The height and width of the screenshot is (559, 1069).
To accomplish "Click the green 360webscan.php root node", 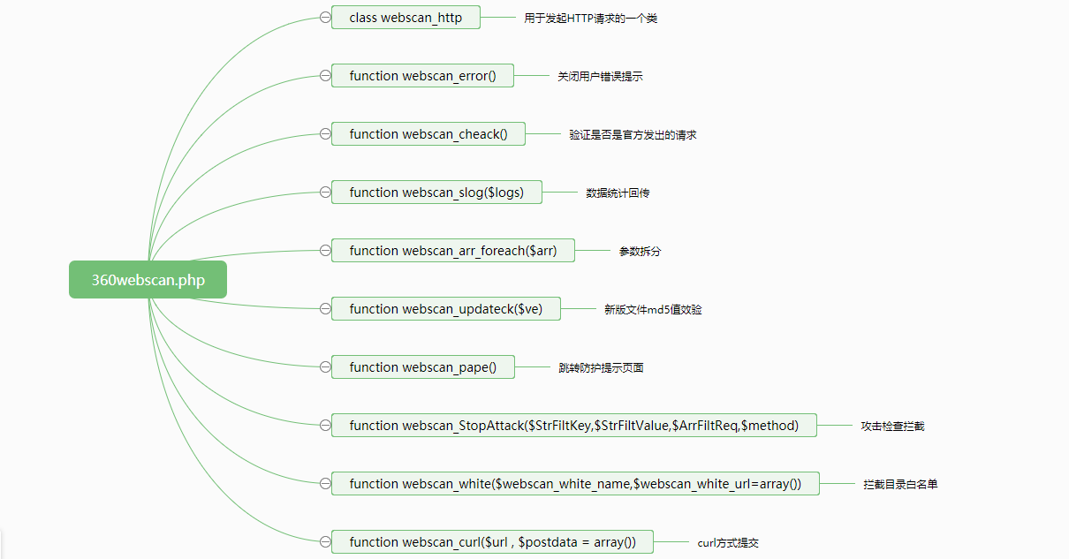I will pos(148,280).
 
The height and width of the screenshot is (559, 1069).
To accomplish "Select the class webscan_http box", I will pos(406,18).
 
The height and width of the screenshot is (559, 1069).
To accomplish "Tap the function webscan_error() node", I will pos(422,76).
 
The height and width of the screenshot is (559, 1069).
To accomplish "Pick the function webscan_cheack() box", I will pos(428,134).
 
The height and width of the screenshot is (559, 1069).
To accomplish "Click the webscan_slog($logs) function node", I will pos(436,193).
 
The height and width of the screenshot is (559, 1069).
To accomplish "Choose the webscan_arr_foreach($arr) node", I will pos(453,251).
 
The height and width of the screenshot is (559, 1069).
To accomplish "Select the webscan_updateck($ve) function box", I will pos(445,309).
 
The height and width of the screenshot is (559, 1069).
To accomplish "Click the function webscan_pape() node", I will pos(422,367).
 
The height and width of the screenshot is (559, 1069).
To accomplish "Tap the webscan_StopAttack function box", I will pos(573,426).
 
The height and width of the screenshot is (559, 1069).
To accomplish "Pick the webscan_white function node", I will pos(575,484).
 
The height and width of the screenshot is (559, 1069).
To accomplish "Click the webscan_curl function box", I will pos(492,542).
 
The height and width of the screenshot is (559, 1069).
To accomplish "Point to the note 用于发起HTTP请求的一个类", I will pos(590,19).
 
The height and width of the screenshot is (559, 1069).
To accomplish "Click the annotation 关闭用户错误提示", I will pos(600,77).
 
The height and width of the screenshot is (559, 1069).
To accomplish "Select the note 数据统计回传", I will pos(618,193).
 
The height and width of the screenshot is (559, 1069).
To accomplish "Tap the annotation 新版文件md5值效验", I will pos(653,310).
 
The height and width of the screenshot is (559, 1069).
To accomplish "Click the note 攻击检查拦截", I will pos(892,427).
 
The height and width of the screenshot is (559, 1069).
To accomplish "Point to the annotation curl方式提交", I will pos(728,543).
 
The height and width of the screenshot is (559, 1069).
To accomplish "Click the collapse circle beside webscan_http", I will pos(325,18).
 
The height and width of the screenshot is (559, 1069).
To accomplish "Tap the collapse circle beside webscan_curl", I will pos(325,542).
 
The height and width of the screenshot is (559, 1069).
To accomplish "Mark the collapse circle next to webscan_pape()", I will pos(325,367).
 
